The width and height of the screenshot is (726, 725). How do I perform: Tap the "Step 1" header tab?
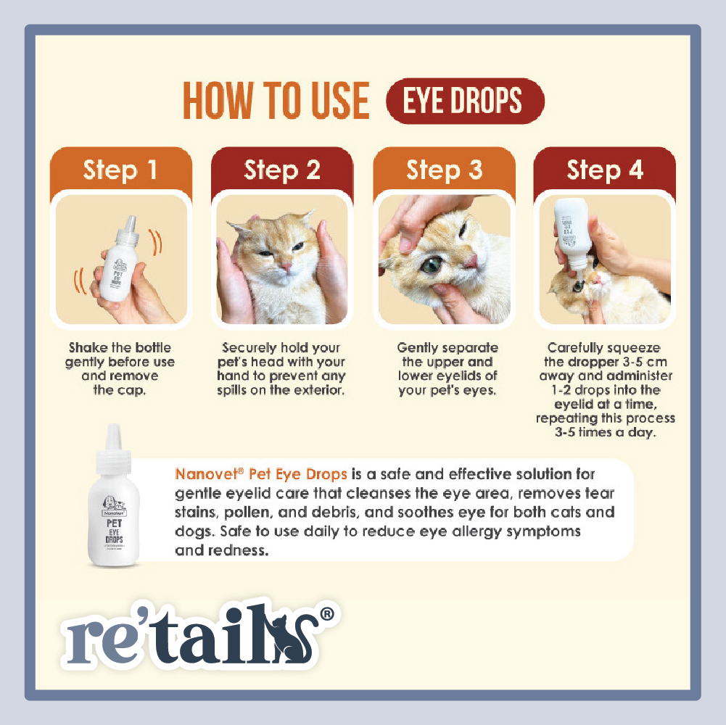pos(120,170)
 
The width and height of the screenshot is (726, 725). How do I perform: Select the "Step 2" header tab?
pos(282,170)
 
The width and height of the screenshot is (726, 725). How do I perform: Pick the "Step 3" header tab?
pos(444,170)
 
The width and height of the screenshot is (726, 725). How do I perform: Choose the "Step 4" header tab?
pos(605,170)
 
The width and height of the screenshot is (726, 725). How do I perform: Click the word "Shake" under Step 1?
pos(88,348)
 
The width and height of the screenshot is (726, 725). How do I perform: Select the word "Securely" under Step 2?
pos(250,348)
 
